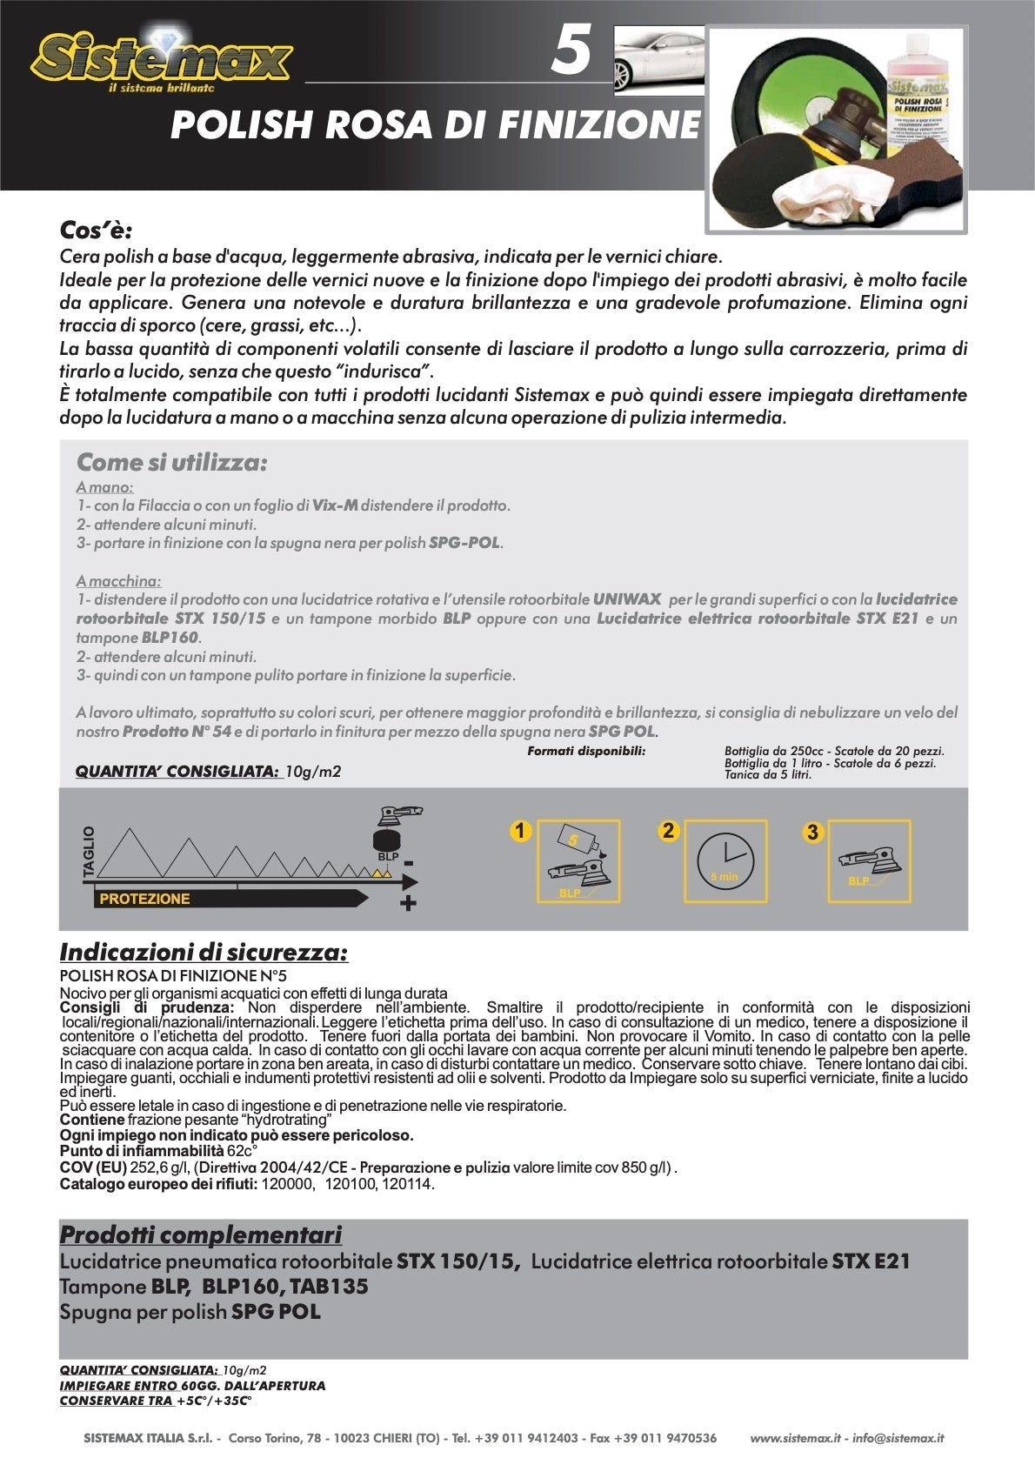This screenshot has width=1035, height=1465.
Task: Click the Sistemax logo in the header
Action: click(x=161, y=59)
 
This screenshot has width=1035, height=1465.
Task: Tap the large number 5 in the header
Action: click(x=571, y=50)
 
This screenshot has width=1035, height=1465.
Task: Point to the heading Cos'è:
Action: click(x=96, y=231)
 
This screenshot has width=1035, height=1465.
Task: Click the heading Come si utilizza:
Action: click(x=171, y=462)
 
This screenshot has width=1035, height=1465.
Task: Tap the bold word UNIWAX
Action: click(x=626, y=599)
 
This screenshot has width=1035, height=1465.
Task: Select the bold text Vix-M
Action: click(x=335, y=505)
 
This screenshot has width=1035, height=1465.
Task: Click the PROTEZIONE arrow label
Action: click(x=144, y=899)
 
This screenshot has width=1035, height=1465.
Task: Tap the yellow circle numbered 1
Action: click(x=519, y=831)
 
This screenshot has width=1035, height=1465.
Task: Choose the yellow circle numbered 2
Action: click(x=667, y=830)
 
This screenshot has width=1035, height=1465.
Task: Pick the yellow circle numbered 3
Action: click(x=811, y=833)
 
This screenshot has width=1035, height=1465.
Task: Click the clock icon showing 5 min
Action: click(x=724, y=861)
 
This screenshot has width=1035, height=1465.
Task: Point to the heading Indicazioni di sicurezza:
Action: click(x=204, y=953)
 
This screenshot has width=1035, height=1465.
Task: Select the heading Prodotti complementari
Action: click(x=200, y=1234)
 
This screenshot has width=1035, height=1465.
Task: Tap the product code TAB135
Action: click(x=329, y=1287)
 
